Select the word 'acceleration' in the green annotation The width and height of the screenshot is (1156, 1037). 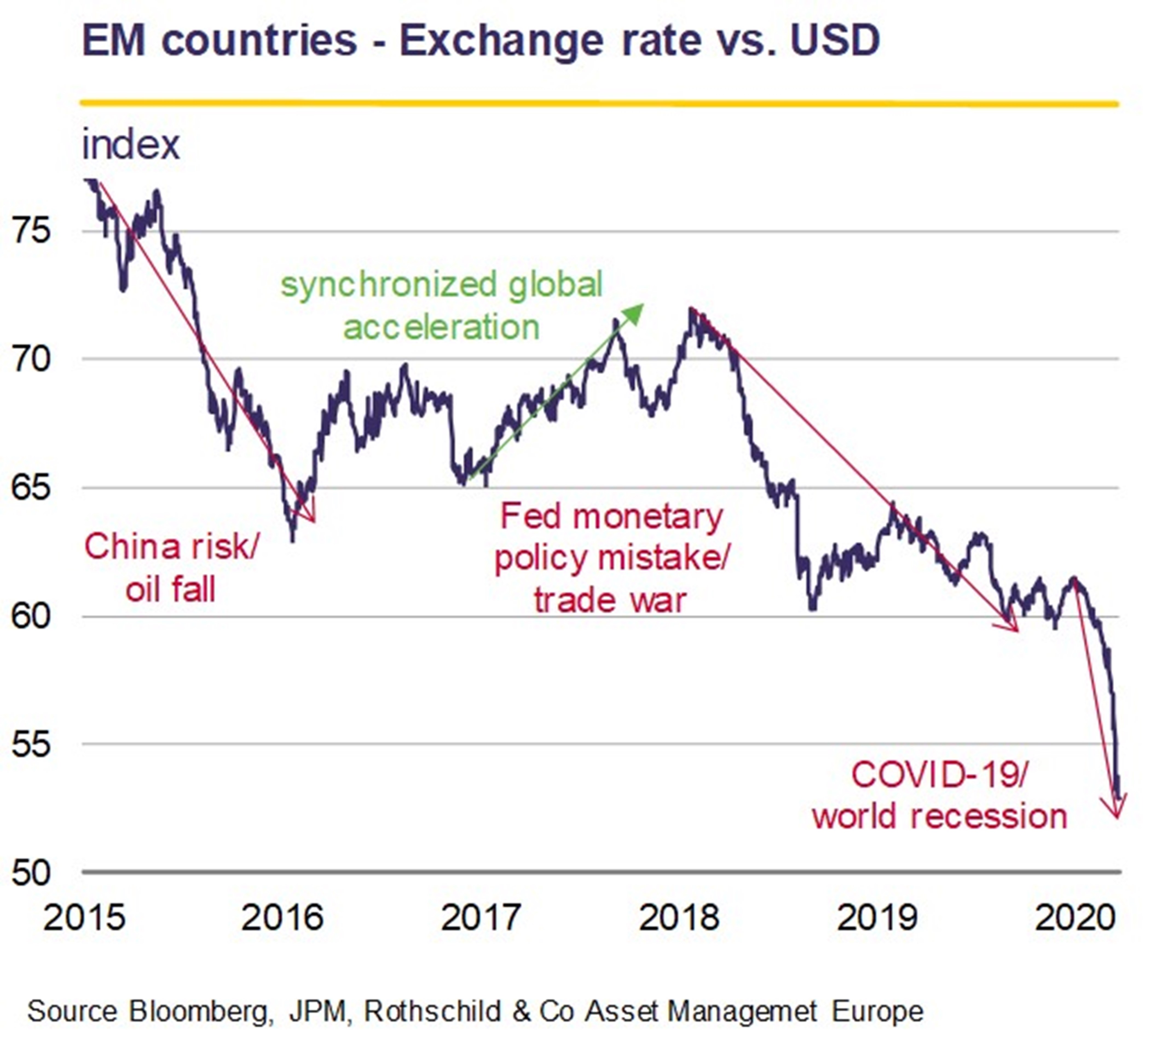pos(441,328)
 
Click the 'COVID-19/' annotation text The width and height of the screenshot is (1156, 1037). pos(940,775)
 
